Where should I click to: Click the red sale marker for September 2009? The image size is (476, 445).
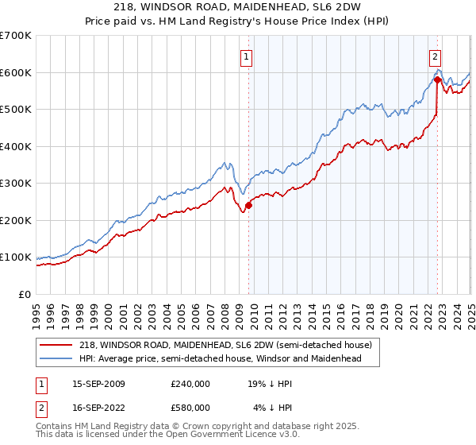coord(248,205)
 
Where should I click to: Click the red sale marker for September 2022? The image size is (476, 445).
coord(437,79)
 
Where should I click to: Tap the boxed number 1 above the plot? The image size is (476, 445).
coord(248,56)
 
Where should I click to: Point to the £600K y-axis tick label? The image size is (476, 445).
coord(16,72)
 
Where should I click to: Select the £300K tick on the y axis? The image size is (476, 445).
coord(16,184)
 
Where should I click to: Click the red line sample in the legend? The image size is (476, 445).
coord(57,345)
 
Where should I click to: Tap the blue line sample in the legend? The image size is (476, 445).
coord(57,358)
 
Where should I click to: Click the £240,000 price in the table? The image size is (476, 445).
coord(190,384)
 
